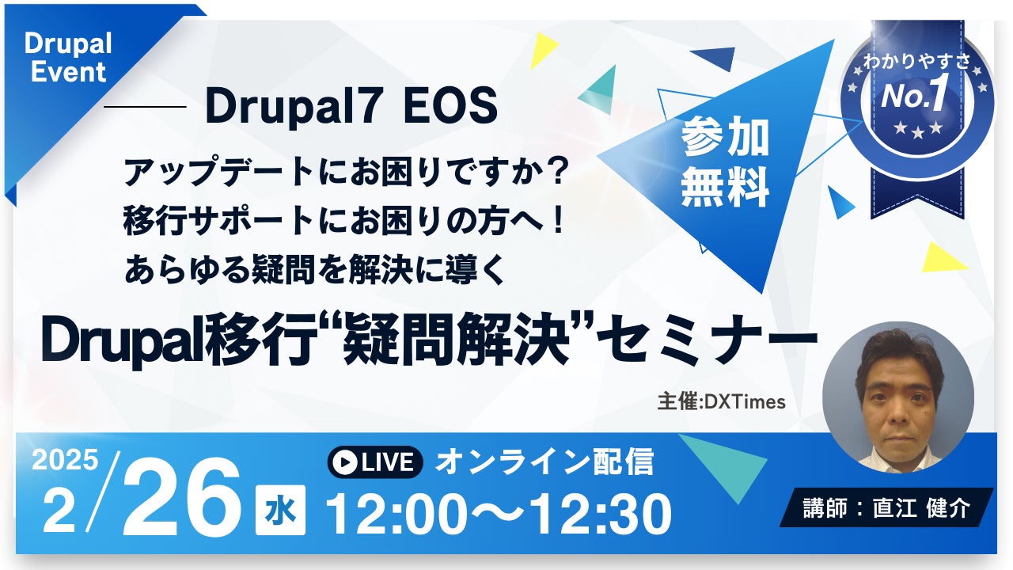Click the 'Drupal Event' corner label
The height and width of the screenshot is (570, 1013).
tap(68, 58)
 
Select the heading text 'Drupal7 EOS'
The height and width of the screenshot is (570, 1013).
tap(351, 107)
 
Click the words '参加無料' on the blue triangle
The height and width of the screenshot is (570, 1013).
tap(725, 161)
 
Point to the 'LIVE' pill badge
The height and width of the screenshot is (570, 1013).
tap(375, 462)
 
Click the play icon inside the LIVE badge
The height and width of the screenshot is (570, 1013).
tap(344, 462)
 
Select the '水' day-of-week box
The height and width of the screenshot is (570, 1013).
tap(280, 510)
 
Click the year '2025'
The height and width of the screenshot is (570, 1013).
tap(65, 460)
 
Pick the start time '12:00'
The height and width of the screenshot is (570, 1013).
tap(396, 515)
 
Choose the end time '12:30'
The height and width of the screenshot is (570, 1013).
tap(601, 515)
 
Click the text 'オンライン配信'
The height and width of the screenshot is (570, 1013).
tap(544, 462)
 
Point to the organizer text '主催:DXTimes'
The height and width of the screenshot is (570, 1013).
tap(721, 401)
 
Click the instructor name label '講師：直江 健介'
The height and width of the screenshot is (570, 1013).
tap(886, 507)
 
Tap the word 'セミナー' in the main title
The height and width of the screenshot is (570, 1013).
tap(707, 340)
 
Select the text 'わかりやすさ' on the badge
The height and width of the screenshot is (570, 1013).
tap(916, 62)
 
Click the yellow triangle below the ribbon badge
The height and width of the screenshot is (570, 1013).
tap(942, 258)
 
